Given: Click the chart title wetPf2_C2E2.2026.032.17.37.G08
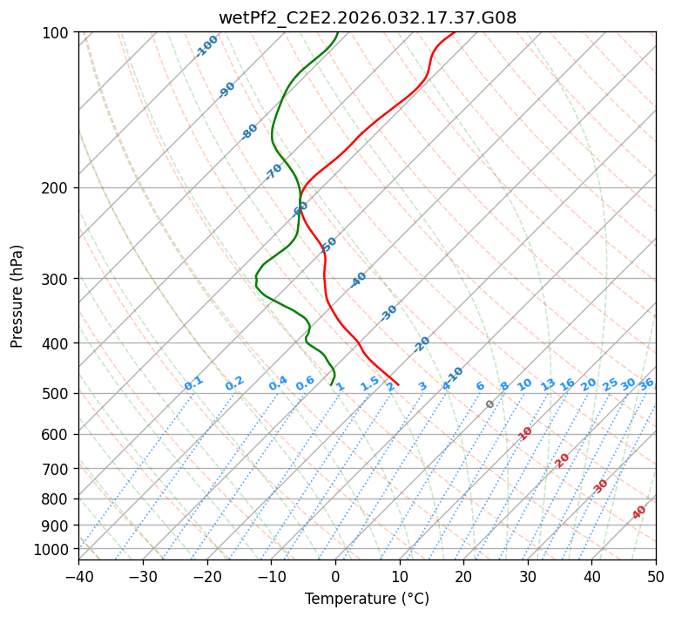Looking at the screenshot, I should click(367, 17).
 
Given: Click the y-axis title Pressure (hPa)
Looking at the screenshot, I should click(17, 296).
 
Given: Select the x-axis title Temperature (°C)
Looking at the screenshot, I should click(367, 599).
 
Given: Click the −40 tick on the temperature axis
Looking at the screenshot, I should click(78, 576).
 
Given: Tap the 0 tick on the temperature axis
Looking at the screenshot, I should click(335, 576).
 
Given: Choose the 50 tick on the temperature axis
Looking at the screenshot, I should click(656, 576).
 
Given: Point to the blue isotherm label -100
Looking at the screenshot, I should click(207, 46).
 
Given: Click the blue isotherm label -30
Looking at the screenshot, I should click(388, 313).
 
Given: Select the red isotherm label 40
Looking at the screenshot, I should click(639, 512).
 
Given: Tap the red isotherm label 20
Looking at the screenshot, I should click(563, 459).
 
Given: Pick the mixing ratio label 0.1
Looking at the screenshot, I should click(193, 383).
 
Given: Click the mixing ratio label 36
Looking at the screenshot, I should click(646, 383).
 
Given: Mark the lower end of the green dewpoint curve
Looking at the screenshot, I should click(332, 384).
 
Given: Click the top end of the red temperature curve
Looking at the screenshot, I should click(454, 32).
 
